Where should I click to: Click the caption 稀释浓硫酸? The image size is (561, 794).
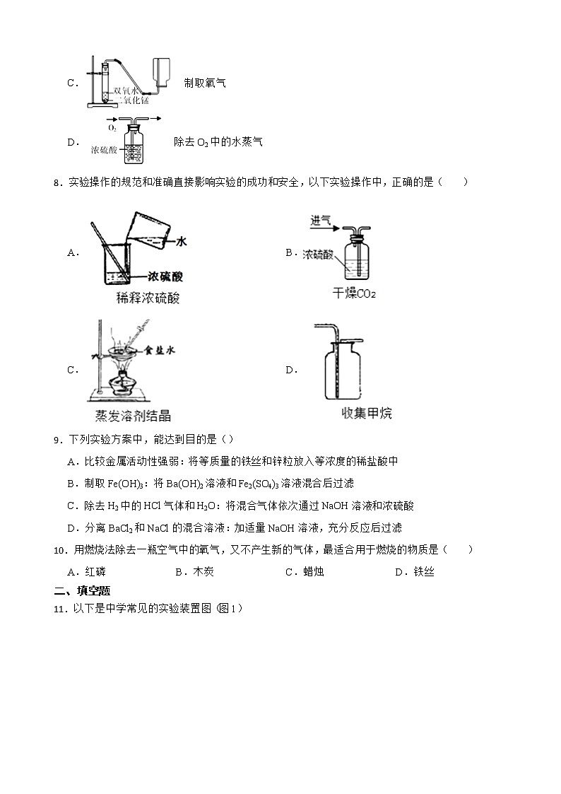pyautogui.click(x=148, y=298)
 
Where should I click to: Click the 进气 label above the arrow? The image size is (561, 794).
pyautogui.click(x=320, y=221)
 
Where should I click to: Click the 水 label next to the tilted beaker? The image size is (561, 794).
pyautogui.click(x=181, y=242)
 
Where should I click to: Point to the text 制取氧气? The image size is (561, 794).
pyautogui.click(x=205, y=83)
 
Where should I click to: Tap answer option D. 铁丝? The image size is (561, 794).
pyautogui.click(x=414, y=572)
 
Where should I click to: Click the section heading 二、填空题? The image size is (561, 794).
pyautogui.click(x=82, y=591)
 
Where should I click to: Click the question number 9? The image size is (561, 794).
pyautogui.click(x=57, y=441)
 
